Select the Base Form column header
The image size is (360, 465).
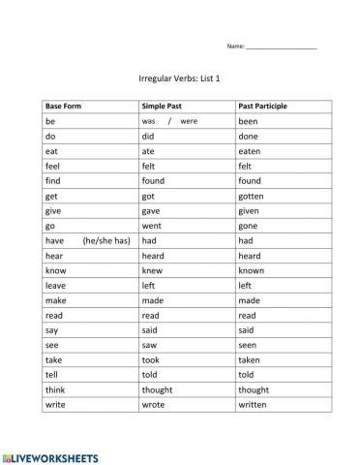pyautogui.click(x=63, y=106)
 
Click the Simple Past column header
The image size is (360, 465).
pyautogui.click(x=161, y=106)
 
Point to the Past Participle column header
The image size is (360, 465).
pyautogui.click(x=262, y=106)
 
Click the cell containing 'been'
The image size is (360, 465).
pyautogui.click(x=249, y=122)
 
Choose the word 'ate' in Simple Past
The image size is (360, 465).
pyautogui.click(x=149, y=151)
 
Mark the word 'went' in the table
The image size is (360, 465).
pyautogui.click(x=152, y=226)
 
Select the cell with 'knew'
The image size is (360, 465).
pyautogui.click(x=152, y=270)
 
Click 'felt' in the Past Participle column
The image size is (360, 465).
pyautogui.click(x=246, y=167)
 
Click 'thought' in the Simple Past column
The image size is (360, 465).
pyautogui.click(x=159, y=388)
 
